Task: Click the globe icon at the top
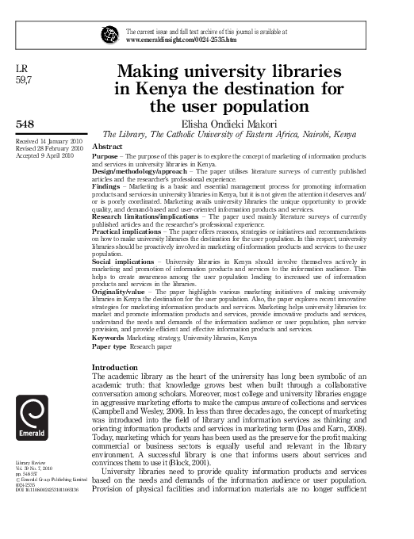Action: (x=109, y=35)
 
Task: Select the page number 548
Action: (x=25, y=124)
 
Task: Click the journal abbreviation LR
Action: (x=22, y=69)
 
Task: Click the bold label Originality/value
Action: (x=124, y=292)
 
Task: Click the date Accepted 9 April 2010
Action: (x=43, y=155)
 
